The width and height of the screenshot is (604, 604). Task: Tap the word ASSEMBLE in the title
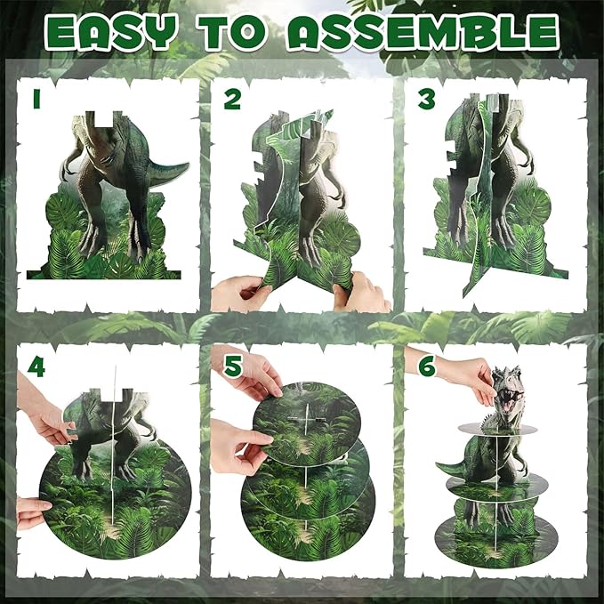pos(423,32)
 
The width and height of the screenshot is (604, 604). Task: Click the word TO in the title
pos(232,32)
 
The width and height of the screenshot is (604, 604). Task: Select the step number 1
pos(37,99)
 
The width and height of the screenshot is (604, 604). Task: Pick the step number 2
pos(232,99)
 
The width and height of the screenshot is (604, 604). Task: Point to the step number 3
pos(427,99)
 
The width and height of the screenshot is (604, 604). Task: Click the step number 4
pos(36,367)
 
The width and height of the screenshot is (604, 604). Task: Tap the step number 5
pos(233,366)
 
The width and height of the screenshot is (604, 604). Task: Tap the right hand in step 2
pos(362,293)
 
